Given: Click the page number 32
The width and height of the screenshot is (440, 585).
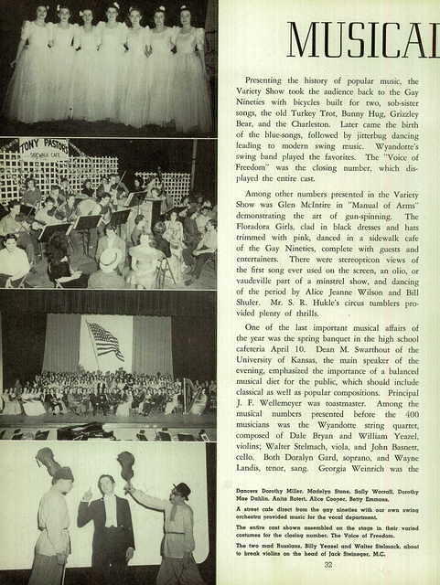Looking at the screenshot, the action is point(327,564).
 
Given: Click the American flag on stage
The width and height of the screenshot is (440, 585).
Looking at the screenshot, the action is point(105,340).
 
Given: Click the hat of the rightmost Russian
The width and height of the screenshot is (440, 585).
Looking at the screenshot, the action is point(181,490).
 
